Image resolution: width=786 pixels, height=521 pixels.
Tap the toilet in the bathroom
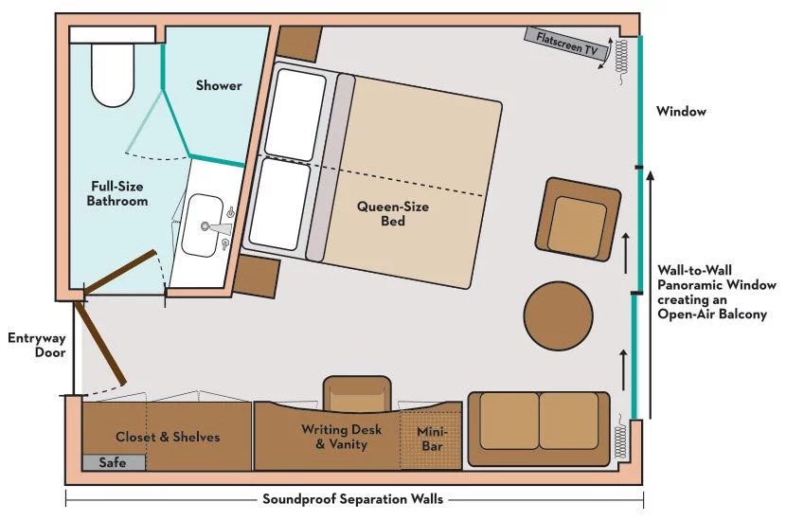(113, 74)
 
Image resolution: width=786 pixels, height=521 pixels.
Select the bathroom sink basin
(202, 225)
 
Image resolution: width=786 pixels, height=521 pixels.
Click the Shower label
(219, 85)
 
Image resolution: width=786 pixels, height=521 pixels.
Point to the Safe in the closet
(114, 462)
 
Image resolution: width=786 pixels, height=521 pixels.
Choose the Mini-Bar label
(432, 439)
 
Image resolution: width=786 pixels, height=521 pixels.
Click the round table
(558, 315)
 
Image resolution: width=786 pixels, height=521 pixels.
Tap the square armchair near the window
(578, 219)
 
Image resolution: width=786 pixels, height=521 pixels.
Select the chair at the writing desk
(357, 394)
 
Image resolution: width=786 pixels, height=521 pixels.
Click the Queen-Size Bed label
(392, 214)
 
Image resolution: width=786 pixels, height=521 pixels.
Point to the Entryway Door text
(37, 345)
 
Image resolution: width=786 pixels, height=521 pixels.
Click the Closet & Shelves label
(168, 437)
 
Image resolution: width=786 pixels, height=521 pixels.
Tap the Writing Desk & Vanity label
(341, 437)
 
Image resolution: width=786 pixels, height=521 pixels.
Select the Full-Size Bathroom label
(117, 193)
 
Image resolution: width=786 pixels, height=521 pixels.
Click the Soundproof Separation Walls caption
(353, 499)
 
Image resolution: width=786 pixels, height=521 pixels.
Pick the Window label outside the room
(681, 112)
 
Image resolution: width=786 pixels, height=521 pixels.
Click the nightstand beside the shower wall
(299, 44)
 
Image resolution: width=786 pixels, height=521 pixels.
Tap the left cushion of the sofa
(509, 421)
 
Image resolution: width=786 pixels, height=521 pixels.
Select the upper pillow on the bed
(295, 115)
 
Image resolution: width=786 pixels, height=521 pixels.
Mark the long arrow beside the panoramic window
(651, 295)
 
